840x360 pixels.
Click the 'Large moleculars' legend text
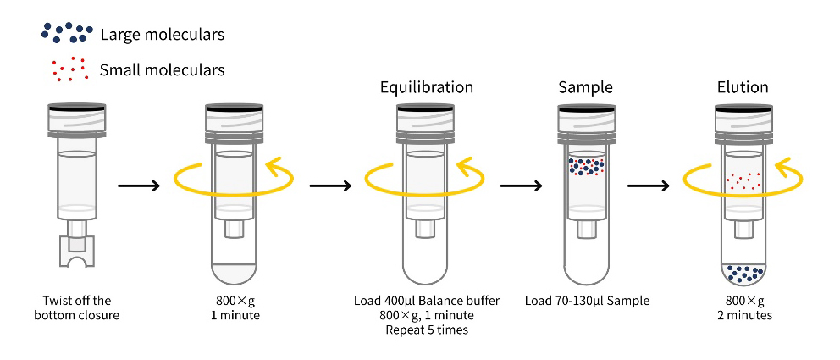tap(162, 35)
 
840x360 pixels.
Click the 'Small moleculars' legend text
tap(162, 69)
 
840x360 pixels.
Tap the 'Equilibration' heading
tap(426, 87)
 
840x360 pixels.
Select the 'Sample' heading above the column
tap(585, 87)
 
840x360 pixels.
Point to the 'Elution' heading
tap(743, 87)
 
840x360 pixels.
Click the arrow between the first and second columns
tap(138, 184)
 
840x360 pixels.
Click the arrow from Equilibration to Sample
tap(522, 184)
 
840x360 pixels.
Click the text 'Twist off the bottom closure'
tap(77, 308)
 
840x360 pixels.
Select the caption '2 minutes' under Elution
tap(743, 315)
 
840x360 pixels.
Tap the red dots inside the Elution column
tap(743, 180)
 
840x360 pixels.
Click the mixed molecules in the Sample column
tap(585, 166)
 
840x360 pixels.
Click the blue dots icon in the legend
tap(65, 31)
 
